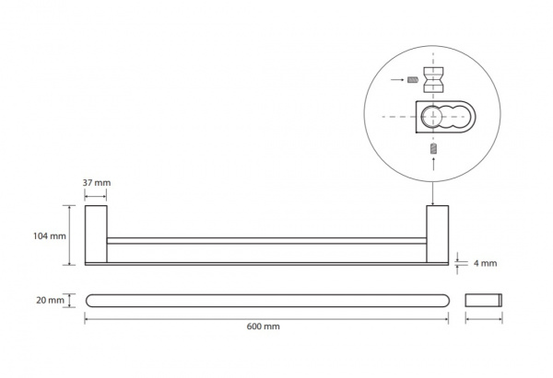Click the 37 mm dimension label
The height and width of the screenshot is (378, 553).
(97, 183)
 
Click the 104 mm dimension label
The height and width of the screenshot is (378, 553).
(50, 235)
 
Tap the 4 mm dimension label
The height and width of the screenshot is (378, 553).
(486, 263)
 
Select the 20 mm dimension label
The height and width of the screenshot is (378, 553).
(50, 300)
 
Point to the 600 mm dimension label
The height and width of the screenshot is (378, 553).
(263, 326)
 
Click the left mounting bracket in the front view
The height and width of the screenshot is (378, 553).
(96, 234)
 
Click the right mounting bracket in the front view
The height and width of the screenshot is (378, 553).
(437, 234)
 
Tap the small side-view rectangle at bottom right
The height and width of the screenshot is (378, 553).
(484, 300)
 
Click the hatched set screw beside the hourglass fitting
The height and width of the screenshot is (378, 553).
(413, 80)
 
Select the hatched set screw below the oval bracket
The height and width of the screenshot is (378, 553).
(433, 148)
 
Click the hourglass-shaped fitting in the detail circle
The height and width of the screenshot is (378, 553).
(433, 79)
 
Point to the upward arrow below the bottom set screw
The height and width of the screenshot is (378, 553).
(433, 165)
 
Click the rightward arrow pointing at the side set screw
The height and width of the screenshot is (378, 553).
(397, 80)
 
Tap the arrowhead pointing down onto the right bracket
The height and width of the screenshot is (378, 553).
(433, 202)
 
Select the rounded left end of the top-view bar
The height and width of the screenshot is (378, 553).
(89, 301)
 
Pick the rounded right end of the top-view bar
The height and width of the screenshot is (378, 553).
(446, 301)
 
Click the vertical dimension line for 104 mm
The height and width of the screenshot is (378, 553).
(69, 235)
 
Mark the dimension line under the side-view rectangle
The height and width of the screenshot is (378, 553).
(484, 319)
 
